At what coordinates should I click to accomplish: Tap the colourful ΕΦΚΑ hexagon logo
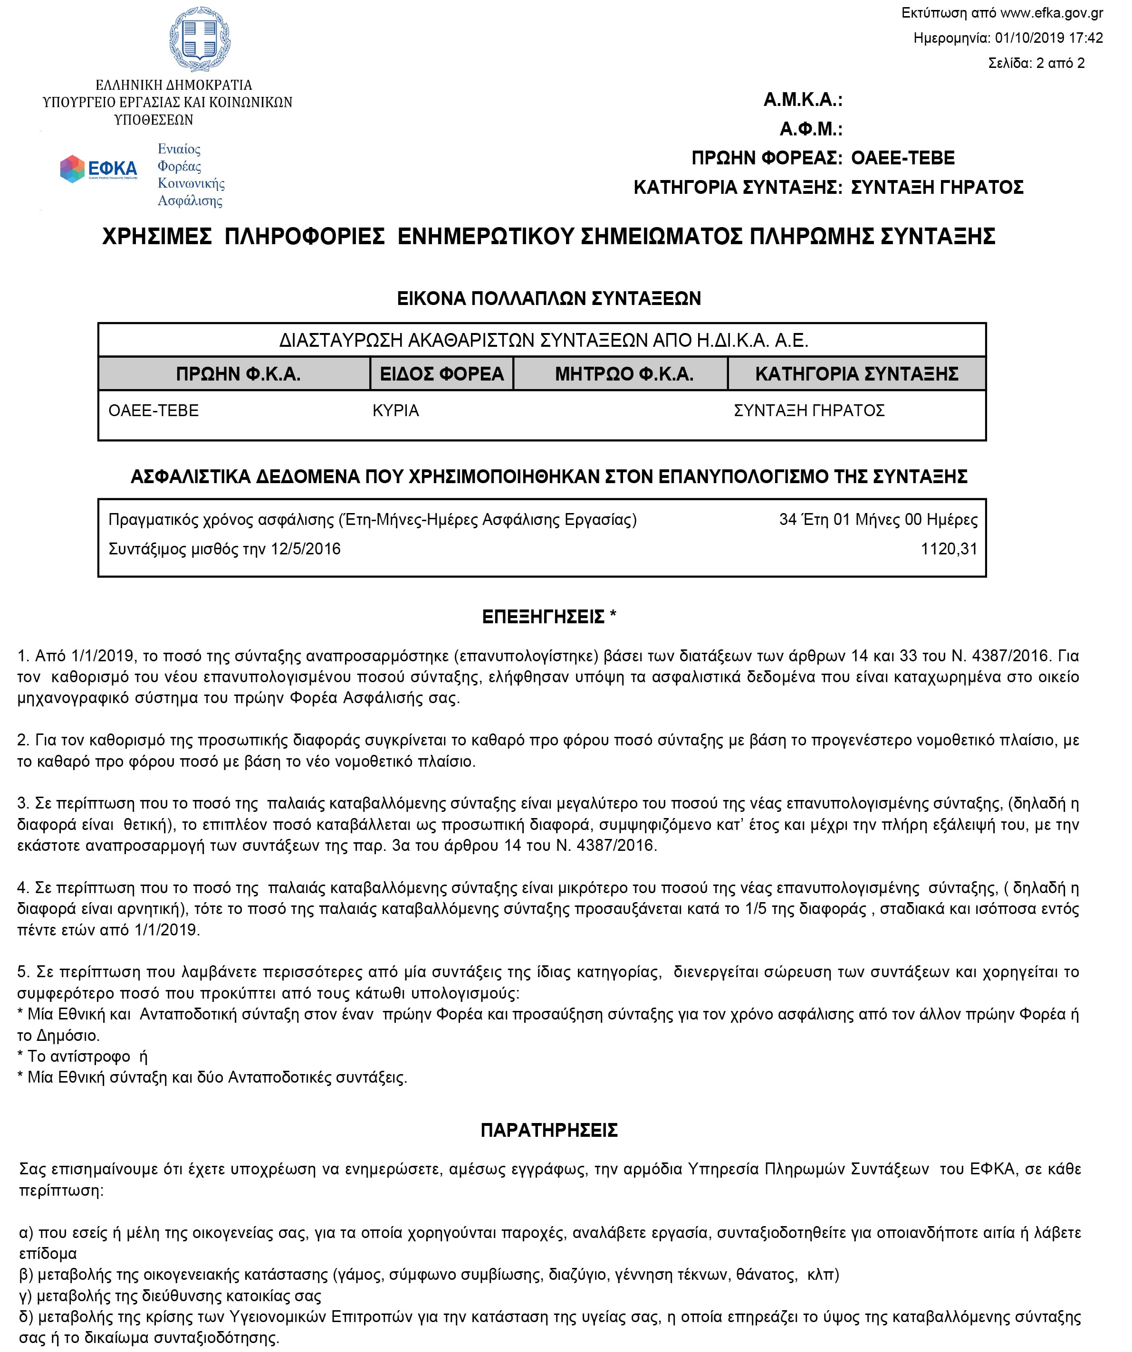coord(72,169)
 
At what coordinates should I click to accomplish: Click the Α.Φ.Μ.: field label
coord(811,129)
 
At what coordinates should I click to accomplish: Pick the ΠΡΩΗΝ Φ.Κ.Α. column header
coord(238,374)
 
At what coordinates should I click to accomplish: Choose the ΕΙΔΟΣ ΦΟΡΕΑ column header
coord(441,374)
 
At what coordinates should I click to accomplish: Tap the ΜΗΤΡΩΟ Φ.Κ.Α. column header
coord(624,374)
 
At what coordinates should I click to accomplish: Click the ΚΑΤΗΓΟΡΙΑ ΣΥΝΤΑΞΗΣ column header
coord(856,374)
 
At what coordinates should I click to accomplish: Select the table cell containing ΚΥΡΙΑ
coord(395,411)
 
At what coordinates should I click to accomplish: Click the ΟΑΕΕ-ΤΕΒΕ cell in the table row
coord(153,411)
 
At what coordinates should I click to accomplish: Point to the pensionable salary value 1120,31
coord(949,549)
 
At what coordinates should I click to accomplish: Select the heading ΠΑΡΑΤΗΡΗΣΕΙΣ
coord(549,1130)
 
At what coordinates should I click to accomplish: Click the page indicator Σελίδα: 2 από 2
coord(1036,63)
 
